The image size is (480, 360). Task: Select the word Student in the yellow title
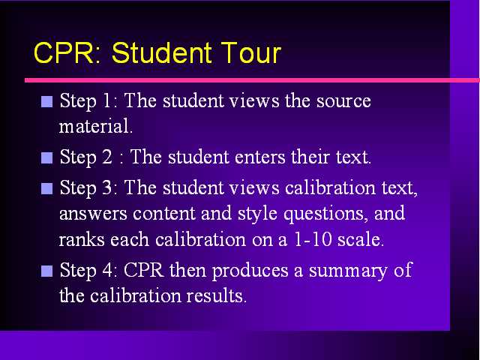coord(162,52)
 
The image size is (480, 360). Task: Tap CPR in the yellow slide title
coord(64,52)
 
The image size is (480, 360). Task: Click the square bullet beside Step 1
coord(46,102)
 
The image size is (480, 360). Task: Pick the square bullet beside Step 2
coord(46,158)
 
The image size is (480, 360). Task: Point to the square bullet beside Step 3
coord(46,188)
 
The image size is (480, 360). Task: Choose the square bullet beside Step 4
coord(46,271)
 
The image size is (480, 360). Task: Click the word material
coord(96,126)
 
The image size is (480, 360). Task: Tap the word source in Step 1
coord(343,102)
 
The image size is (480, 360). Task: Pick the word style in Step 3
coord(258,214)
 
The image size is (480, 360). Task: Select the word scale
coord(361,239)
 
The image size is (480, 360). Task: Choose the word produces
coord(250,271)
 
